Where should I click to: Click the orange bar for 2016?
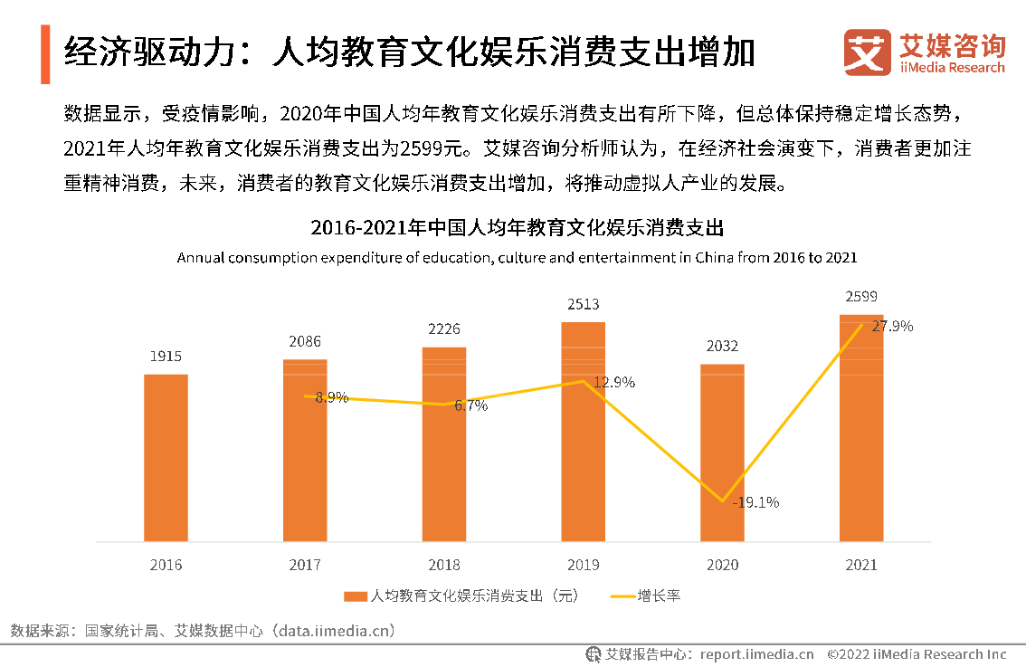166,458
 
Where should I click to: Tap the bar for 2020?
722,453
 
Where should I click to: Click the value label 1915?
166,357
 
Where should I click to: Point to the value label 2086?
305,342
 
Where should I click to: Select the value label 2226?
444,329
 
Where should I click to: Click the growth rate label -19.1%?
755,502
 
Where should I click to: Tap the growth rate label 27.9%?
892,326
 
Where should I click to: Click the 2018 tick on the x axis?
444,565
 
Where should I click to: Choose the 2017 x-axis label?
305,565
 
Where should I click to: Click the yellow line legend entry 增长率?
646,596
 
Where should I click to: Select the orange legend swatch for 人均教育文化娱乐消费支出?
356,596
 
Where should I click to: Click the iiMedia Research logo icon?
868,52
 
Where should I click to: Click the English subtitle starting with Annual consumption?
517,258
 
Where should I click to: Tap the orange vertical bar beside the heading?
44,54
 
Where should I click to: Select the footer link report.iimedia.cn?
756,654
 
